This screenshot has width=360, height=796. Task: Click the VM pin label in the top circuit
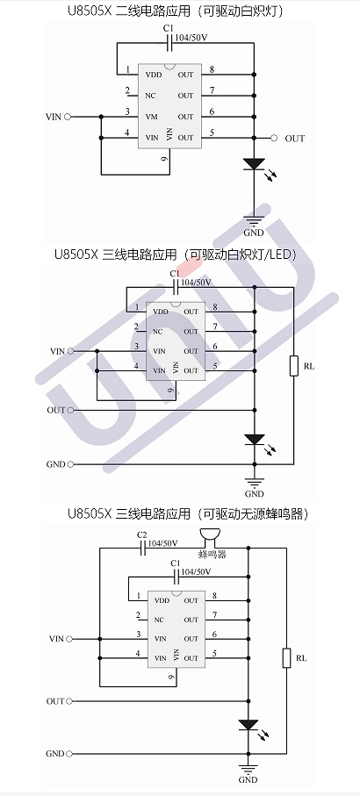(x=151, y=117)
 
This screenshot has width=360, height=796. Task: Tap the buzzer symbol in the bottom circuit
(x=209, y=538)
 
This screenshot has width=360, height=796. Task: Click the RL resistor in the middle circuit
(x=293, y=366)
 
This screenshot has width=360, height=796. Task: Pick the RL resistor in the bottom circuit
(x=286, y=658)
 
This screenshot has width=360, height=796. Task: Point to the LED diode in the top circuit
(x=254, y=164)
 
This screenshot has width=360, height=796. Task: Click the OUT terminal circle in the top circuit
(x=274, y=138)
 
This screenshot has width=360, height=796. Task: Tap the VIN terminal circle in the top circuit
(x=68, y=117)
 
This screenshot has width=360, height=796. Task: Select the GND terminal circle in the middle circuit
(x=70, y=464)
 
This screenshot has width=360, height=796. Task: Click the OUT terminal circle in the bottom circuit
(x=69, y=701)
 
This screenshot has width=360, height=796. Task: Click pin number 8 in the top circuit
(x=212, y=69)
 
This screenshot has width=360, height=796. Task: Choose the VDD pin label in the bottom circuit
(x=162, y=600)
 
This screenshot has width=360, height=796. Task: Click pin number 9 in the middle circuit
(x=171, y=390)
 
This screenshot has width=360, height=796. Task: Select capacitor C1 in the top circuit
(x=170, y=45)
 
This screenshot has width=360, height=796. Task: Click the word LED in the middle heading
(x=282, y=254)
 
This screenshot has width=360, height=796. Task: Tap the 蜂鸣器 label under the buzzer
(x=212, y=555)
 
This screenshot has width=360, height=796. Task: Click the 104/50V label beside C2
(x=163, y=543)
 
